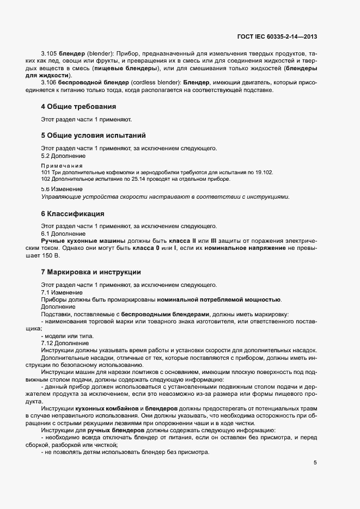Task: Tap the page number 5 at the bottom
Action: coord(315,463)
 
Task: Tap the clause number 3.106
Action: coord(48,82)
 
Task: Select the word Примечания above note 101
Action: coord(62,165)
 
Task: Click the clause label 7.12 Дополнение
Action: coord(65,343)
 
